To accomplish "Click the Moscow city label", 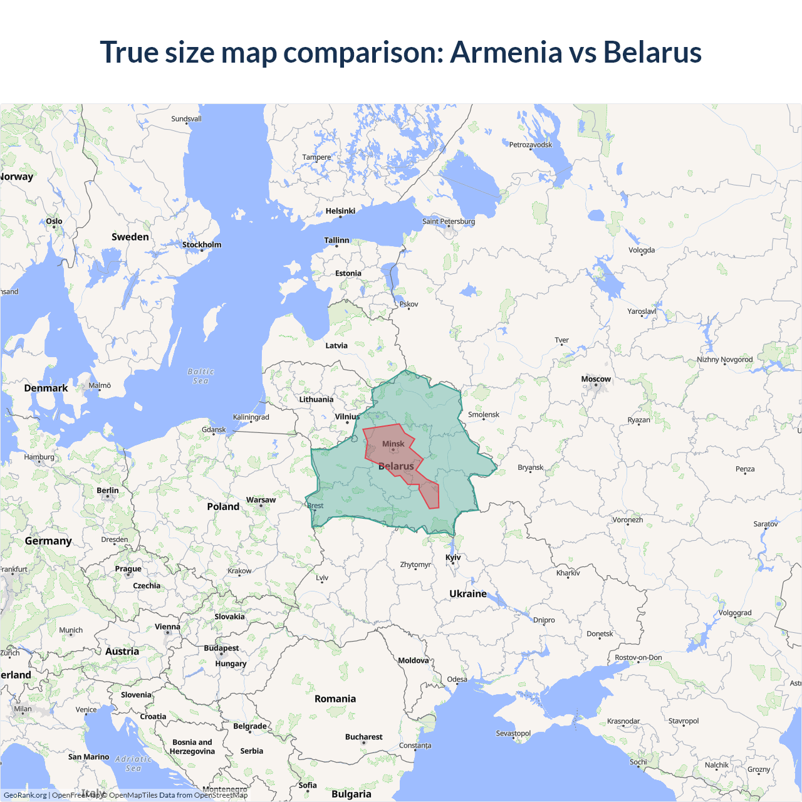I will coord(595,379).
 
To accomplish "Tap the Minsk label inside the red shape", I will coord(393,444).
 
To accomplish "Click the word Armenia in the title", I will coord(506,52).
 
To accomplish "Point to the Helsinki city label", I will coord(340,211).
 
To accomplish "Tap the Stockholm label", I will coord(202,244).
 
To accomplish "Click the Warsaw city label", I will coord(261,500).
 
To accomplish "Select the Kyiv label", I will coord(453,557).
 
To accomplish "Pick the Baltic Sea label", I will coord(200,376).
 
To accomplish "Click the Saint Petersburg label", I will coord(449,221).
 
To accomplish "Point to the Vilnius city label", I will coord(347,417).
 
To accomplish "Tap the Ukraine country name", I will coord(468,593).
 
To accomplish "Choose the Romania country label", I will coord(335,699).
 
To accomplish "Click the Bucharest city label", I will coord(363,737).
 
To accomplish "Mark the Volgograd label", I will coord(735,613).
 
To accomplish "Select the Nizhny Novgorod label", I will coord(725,360).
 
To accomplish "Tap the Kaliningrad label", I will coord(251,417).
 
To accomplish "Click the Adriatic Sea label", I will coord(133,763).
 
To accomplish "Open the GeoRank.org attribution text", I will coord(25,795).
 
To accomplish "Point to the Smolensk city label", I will coord(484,414).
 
